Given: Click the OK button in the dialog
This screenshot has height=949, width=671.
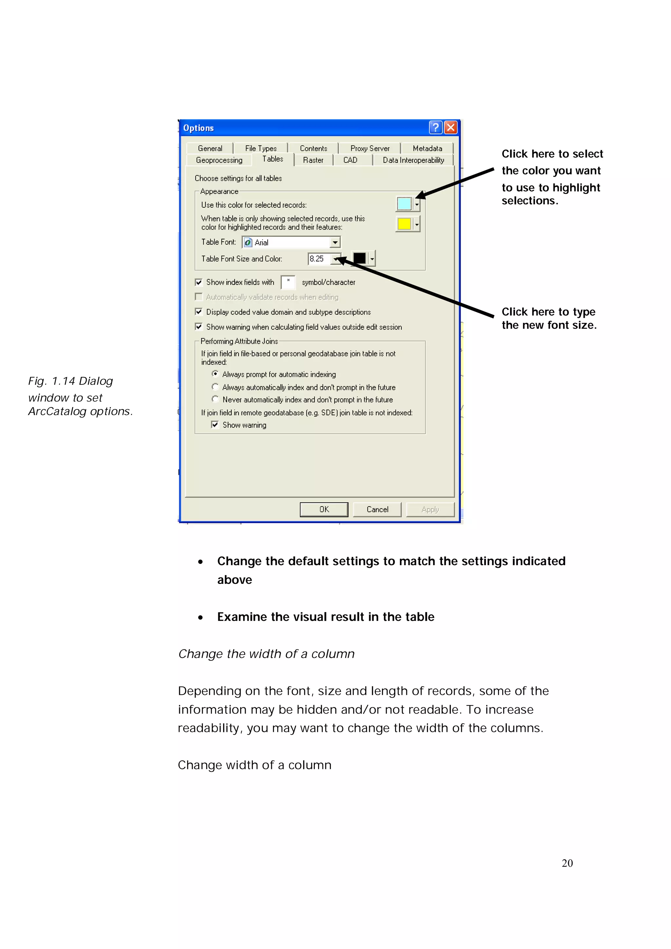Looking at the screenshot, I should click(324, 509).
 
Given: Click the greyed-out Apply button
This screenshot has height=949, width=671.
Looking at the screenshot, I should click(430, 509).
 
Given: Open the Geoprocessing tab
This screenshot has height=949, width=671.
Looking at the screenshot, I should click(219, 160).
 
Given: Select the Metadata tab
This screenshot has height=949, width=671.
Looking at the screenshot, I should click(427, 148).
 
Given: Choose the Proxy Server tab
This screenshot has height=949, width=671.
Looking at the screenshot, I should click(370, 148).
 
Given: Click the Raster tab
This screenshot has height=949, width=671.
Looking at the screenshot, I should click(313, 160).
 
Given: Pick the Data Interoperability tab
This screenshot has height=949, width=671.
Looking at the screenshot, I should click(413, 160).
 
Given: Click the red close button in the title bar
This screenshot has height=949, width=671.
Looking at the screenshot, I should click(451, 127).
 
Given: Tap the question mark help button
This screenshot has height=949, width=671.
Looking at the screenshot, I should click(435, 127).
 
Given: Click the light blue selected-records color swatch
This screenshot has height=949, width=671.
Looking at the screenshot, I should click(404, 204).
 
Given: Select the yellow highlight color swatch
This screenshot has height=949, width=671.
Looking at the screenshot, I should click(404, 224).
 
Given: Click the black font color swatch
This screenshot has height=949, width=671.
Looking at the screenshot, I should click(359, 258).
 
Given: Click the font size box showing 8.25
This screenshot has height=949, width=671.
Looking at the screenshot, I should click(319, 259).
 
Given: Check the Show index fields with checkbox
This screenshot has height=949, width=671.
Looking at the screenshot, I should click(199, 282).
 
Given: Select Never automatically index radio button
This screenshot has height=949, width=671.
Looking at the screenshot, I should click(215, 399).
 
